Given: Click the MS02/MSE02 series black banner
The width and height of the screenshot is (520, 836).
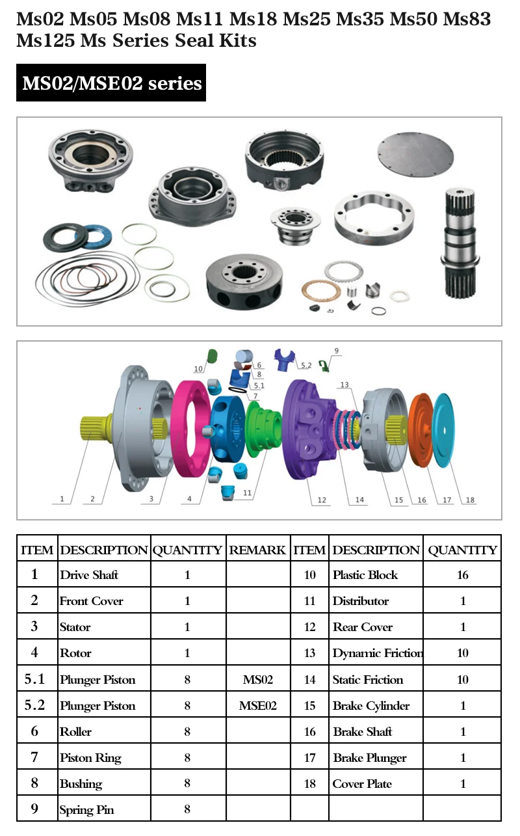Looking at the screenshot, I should click(x=111, y=83).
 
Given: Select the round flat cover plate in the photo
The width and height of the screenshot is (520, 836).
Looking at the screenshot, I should click(x=413, y=157).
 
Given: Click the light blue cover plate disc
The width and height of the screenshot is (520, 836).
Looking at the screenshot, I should click(x=449, y=429).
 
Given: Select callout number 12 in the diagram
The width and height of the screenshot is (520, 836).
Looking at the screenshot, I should click(x=322, y=500).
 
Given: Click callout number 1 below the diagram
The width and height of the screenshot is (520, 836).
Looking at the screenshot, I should click(x=62, y=499).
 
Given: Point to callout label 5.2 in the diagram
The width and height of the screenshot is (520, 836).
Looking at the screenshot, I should click(x=305, y=366).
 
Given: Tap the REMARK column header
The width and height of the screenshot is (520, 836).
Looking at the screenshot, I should click(x=257, y=550).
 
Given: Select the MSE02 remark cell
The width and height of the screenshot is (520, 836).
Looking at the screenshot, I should click(x=258, y=706).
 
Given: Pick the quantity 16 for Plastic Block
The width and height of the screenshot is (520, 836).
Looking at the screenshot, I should click(x=463, y=575).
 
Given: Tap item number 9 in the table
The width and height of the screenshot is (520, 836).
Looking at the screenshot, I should click(x=35, y=809).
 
